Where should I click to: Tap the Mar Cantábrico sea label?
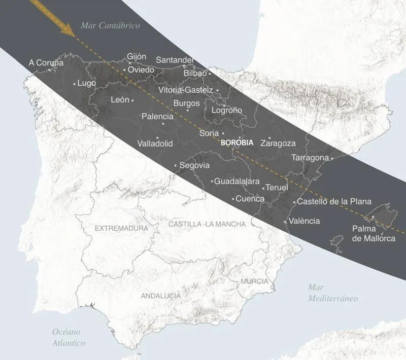111,25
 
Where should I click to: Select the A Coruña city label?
46,63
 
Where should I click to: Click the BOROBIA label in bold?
238,143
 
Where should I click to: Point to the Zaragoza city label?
278,143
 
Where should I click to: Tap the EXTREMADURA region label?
121,229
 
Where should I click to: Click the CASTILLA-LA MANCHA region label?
207,224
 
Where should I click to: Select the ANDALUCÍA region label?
160,296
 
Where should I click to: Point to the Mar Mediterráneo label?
332,293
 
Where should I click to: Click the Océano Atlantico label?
69,337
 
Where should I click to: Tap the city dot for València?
285,221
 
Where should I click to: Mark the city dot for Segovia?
175,165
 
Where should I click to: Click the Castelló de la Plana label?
334,201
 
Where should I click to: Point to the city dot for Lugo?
75,84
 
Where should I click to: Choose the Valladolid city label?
155,144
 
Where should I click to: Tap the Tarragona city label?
310,158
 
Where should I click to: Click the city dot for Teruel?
263,188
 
